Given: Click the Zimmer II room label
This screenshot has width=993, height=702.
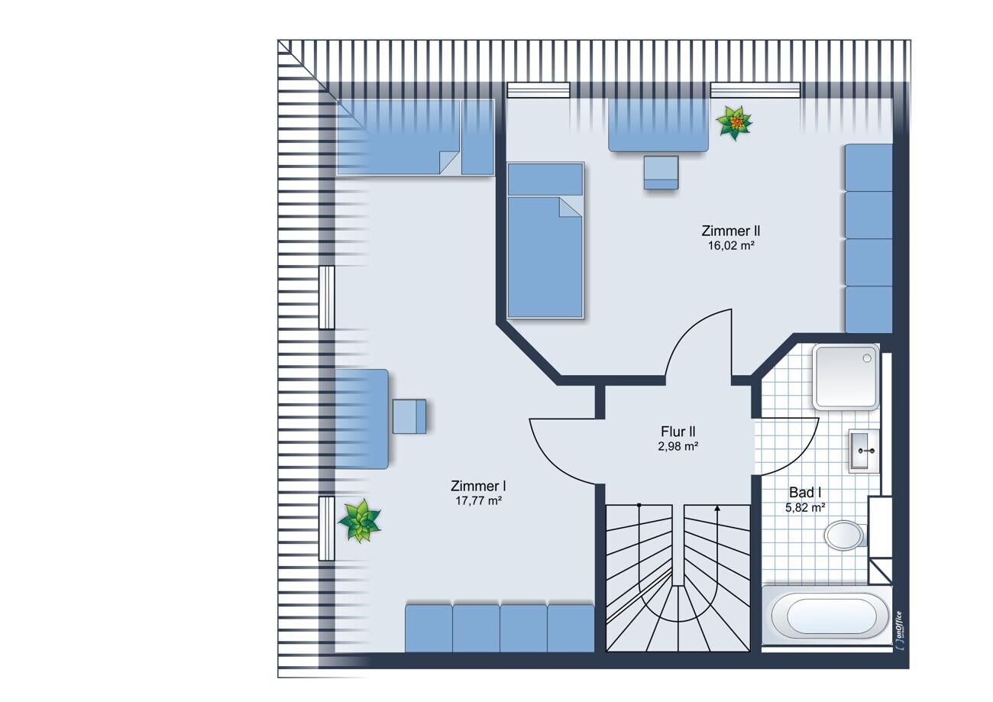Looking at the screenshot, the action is click(x=730, y=231).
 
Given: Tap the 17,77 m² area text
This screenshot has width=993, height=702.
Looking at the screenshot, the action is click(x=478, y=501).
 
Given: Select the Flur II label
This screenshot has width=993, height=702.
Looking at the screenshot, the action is click(x=678, y=432).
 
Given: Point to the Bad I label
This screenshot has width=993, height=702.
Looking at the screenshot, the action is click(x=805, y=493).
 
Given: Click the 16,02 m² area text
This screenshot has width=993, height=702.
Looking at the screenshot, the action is click(x=731, y=245).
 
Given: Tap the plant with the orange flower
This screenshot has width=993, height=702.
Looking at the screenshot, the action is click(x=735, y=123).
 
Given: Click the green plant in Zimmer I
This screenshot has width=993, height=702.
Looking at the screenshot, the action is click(x=360, y=521).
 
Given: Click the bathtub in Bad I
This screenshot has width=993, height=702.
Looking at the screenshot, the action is click(x=826, y=616).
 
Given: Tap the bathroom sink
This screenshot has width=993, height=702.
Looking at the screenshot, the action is click(x=864, y=451).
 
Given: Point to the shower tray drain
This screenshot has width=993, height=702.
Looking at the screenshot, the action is click(x=867, y=358).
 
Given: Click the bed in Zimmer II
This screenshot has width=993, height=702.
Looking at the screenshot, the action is click(x=545, y=240).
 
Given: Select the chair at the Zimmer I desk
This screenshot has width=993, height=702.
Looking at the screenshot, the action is click(x=409, y=416).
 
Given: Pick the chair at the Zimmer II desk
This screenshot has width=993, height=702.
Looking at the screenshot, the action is click(x=661, y=173).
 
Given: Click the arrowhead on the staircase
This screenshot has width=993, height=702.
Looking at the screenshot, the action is click(x=717, y=509).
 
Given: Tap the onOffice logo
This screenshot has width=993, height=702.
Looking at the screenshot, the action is click(x=898, y=631).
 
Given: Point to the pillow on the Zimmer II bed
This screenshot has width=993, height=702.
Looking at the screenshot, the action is click(x=545, y=179).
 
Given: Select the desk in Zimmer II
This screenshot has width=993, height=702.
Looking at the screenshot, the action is click(x=658, y=125).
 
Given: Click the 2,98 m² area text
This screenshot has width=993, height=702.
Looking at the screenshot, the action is click(x=678, y=446).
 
